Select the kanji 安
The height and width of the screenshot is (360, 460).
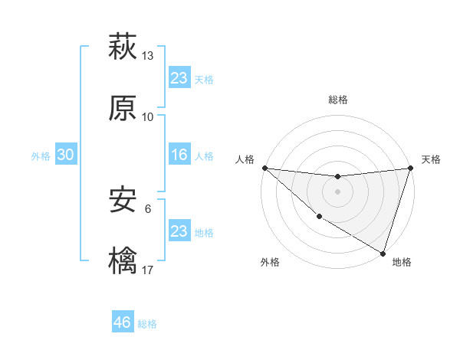(x=123, y=201)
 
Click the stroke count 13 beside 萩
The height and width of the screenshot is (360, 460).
(x=148, y=56)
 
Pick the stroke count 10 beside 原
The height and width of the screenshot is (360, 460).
(x=148, y=117)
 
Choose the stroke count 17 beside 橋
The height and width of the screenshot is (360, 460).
(x=148, y=270)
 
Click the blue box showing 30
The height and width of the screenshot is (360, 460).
(x=66, y=155)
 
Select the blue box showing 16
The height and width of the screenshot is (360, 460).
(x=179, y=155)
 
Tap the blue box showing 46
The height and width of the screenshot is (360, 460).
(x=123, y=322)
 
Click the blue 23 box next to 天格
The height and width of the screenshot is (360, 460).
(x=179, y=77)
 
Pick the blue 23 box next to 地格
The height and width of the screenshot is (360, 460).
(x=179, y=231)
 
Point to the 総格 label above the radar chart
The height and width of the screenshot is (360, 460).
(x=338, y=100)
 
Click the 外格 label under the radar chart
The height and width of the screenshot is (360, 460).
(x=270, y=262)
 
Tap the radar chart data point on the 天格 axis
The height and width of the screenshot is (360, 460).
(x=409, y=168)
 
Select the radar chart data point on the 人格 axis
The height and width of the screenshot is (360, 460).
(x=264, y=168)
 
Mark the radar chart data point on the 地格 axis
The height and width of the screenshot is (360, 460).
(x=382, y=253)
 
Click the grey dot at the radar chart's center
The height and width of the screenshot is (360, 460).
(x=337, y=191)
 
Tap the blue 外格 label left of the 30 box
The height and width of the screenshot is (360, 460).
(x=41, y=155)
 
